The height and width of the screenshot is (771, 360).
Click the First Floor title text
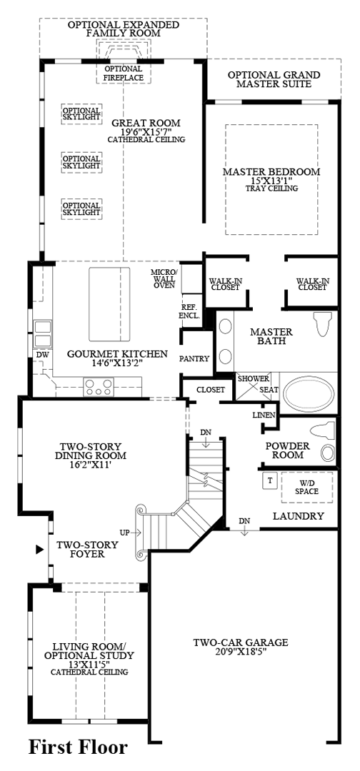78,747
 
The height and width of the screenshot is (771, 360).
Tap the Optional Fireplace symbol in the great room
124,54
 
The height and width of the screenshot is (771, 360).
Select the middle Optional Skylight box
81,161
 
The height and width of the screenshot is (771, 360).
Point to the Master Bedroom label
271,172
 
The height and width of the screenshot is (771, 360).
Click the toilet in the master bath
322,324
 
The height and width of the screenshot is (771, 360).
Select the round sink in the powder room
328,453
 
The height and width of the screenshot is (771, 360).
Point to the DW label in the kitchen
41,355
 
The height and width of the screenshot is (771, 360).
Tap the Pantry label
194,358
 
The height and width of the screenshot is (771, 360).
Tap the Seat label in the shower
269,390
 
